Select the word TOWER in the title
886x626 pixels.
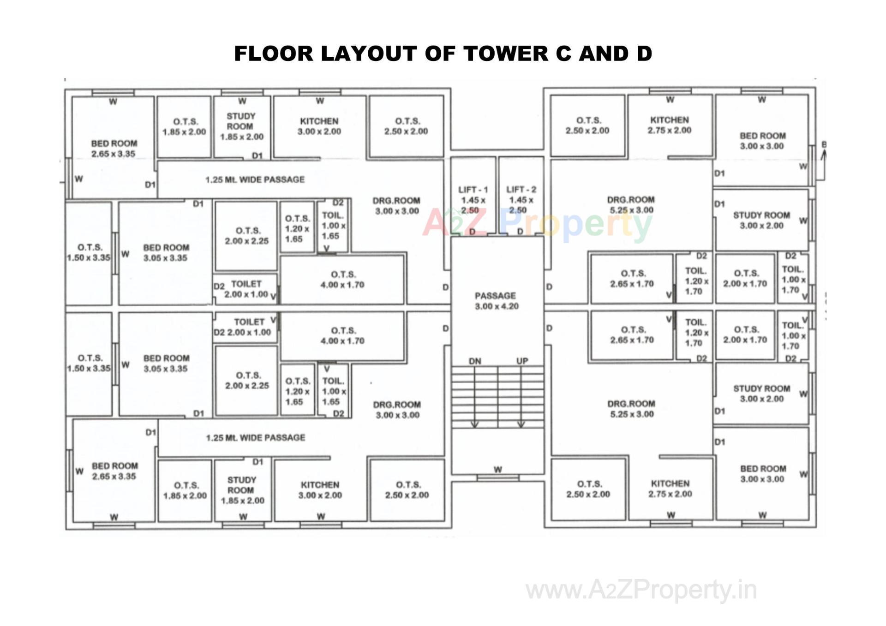506,54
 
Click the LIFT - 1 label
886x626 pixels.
473,190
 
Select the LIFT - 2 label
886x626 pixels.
521,190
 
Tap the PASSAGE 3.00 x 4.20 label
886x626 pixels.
496,301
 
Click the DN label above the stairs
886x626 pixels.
475,361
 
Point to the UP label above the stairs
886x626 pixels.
522,361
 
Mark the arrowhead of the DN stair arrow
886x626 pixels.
474,424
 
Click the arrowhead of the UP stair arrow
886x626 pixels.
521,424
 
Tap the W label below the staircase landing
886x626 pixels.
498,470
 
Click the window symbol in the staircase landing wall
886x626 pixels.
498,478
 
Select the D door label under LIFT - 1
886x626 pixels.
472,231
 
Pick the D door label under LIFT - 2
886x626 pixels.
520,231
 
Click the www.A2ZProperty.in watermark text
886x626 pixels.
641,590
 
